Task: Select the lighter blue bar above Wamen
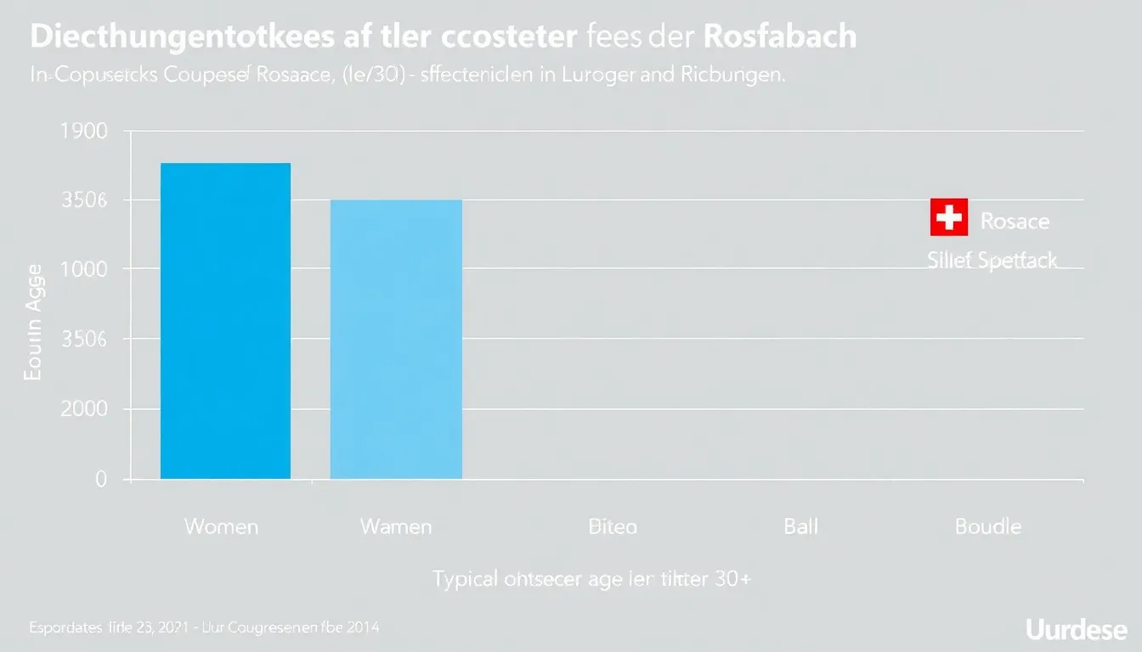(x=396, y=340)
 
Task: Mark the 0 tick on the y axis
(x=100, y=480)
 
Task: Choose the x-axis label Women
(x=221, y=527)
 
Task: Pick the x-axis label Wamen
(x=396, y=527)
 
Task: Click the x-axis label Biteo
(x=612, y=527)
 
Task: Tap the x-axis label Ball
(x=800, y=527)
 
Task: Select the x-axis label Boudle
(x=987, y=527)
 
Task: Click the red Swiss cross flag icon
(x=948, y=218)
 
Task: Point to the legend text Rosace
(x=1015, y=222)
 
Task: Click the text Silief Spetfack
(x=992, y=260)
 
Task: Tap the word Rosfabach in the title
(x=779, y=37)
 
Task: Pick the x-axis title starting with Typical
(x=592, y=580)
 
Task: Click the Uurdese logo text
(x=1076, y=629)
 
